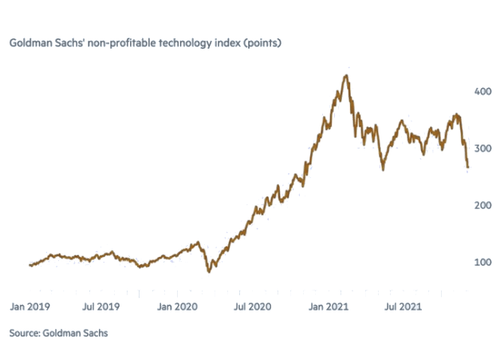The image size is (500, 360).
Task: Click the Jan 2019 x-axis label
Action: pyautogui.click(x=30, y=305)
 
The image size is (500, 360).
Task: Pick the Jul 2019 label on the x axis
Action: pyautogui.click(x=101, y=305)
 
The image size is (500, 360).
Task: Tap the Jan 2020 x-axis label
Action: pyautogui.click(x=177, y=305)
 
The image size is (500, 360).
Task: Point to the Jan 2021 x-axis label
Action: pyautogui.click(x=327, y=305)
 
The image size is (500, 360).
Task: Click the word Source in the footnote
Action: pyautogui.click(x=25, y=333)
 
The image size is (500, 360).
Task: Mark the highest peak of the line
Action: pyautogui.click(x=344, y=76)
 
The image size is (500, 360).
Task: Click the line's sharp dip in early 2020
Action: pyautogui.click(x=209, y=271)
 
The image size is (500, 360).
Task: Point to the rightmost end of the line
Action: pyautogui.click(x=468, y=168)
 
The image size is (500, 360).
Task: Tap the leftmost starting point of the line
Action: pyautogui.click(x=30, y=265)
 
